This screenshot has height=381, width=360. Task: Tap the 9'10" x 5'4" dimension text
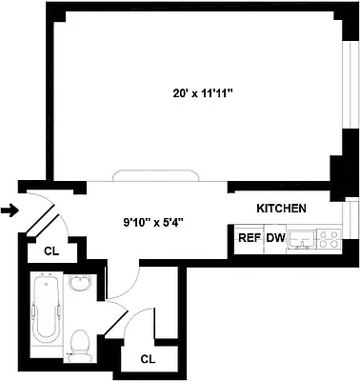[x=151, y=222]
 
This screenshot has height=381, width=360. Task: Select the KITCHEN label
[x=281, y=208]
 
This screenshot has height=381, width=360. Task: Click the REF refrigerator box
[x=250, y=239]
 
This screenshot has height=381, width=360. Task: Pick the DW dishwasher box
[x=276, y=239]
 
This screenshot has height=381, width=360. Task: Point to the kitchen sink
[x=305, y=239]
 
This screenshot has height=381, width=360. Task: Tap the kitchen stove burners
[x=330, y=239]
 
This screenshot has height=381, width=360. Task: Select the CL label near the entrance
[x=50, y=251]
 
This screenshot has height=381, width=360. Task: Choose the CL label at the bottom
[x=148, y=359]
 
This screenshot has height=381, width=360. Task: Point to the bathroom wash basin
[x=80, y=283]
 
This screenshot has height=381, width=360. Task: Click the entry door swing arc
[x=43, y=202]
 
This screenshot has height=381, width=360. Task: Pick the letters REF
[x=250, y=239]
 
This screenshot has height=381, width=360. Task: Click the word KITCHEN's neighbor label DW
[x=276, y=239]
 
